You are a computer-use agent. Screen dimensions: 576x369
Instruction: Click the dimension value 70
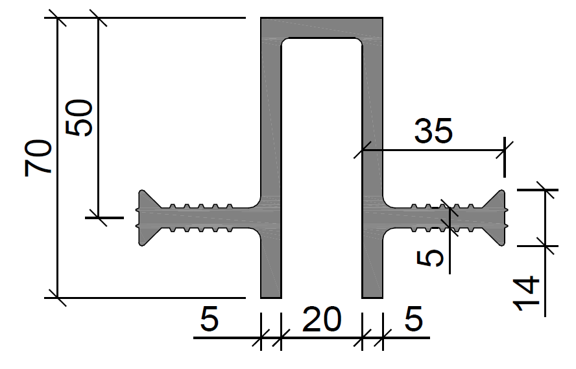pos(38,158)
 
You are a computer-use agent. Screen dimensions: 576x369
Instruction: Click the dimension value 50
pos(78,117)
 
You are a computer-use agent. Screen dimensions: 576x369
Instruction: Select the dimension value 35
pos(433,131)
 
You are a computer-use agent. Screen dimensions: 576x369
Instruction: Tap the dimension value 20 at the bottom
pos(322,320)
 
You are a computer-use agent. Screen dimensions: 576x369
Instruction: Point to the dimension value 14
pos(526,293)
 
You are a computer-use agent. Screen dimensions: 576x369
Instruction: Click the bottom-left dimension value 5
pos(210,318)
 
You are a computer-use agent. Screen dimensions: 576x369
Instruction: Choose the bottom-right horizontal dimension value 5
pos(414,318)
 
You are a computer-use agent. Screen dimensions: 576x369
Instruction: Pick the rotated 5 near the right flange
pos(430,257)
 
